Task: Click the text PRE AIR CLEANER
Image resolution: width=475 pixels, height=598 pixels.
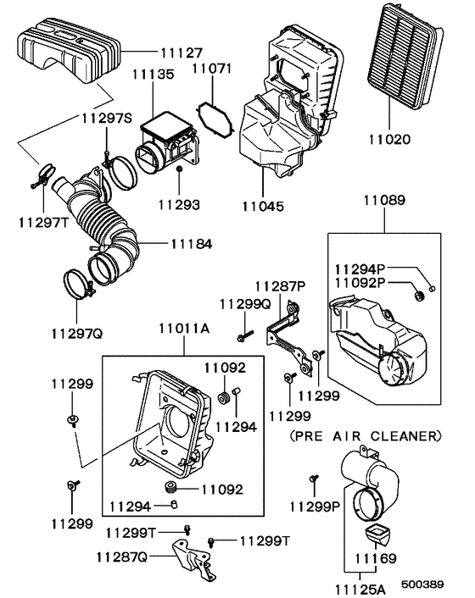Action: click(x=366, y=437)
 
